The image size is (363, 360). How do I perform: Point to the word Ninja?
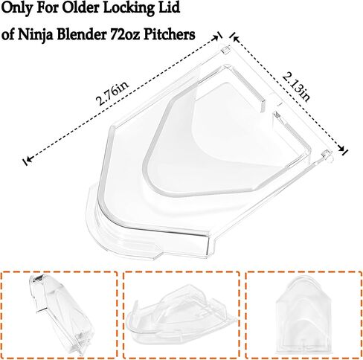(x=34, y=35)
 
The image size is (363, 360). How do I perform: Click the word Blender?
(x=83, y=34)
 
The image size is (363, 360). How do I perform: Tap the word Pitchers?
(x=170, y=34)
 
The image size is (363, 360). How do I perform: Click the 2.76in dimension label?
(x=112, y=93)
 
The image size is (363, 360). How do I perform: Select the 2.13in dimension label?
(x=296, y=86)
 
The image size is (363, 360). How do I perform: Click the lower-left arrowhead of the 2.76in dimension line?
(x=28, y=159)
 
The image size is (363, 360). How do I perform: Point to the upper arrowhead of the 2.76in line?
(x=216, y=37)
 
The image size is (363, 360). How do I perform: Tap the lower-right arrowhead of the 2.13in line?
(x=342, y=149)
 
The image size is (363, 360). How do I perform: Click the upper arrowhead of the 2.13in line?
(x=235, y=38)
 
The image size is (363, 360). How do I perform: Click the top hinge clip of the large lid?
(x=225, y=50)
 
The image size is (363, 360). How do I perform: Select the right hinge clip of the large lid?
(x=327, y=155)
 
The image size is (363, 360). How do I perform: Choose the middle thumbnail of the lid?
(x=181, y=315)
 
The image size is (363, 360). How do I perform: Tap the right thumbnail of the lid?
(x=303, y=315)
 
